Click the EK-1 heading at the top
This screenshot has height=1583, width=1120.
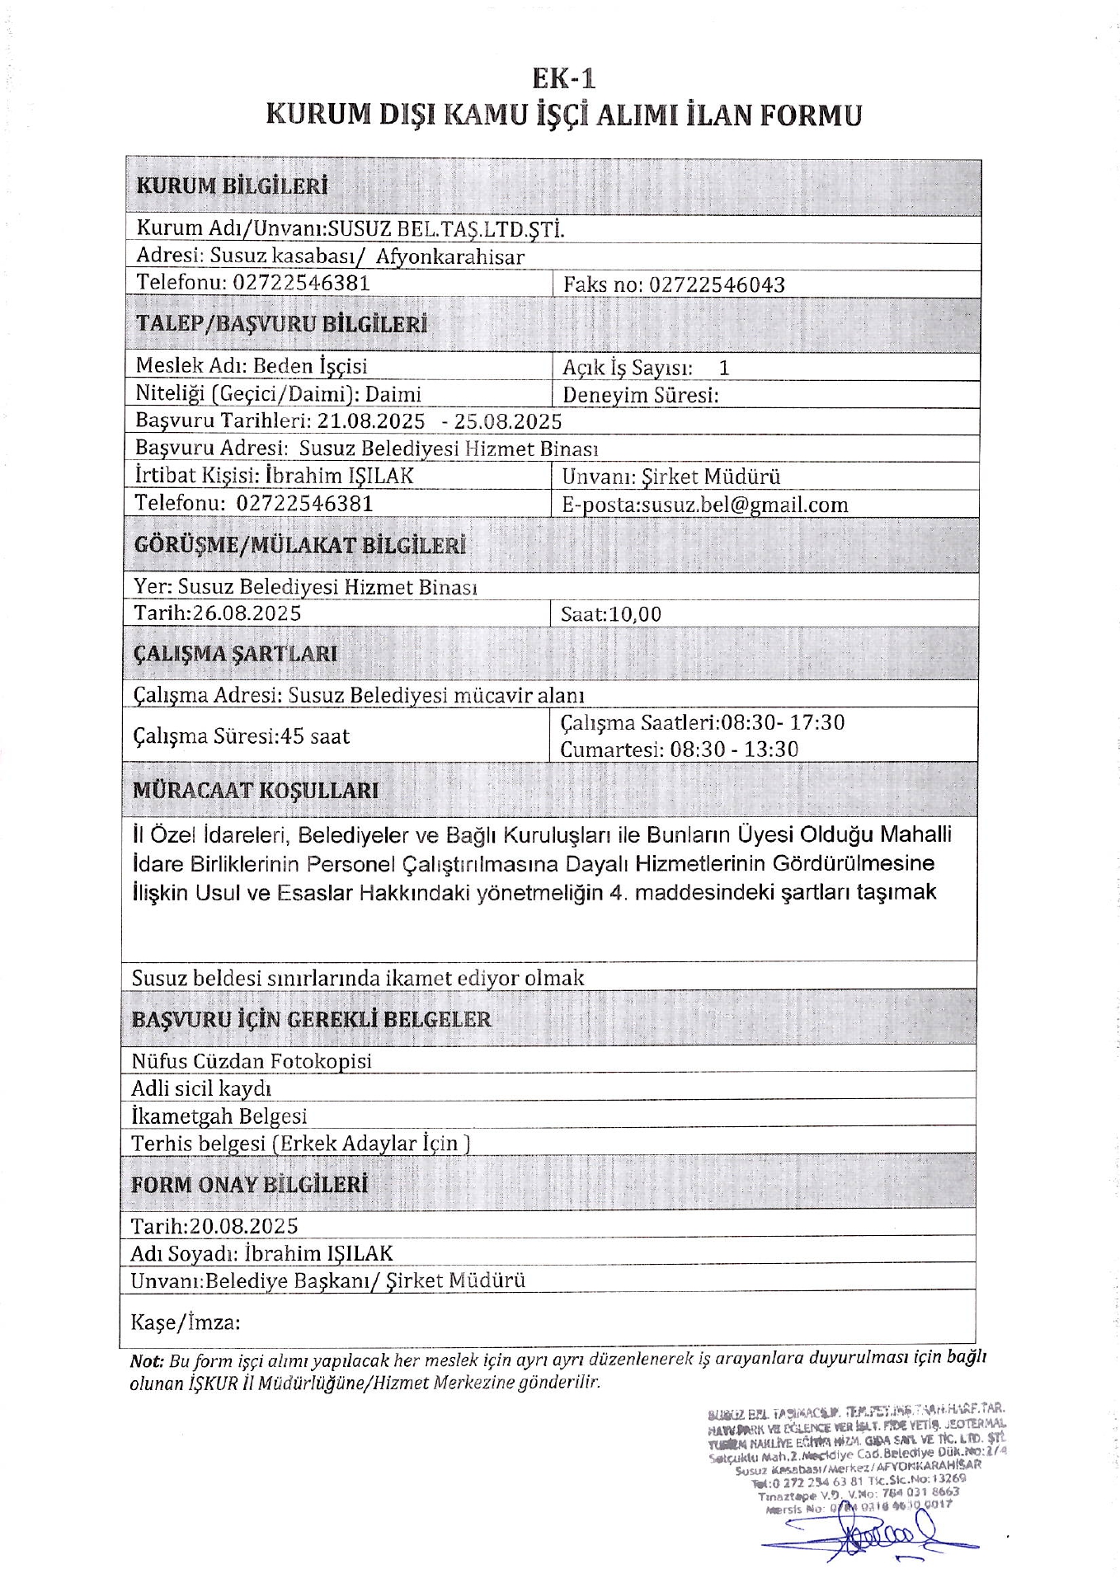pyautogui.click(x=563, y=78)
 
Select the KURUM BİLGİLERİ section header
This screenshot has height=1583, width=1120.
pyautogui.click(x=232, y=186)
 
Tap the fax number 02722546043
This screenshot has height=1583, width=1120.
pyautogui.click(x=717, y=285)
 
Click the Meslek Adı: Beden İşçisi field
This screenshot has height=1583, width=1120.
pyautogui.click(x=252, y=366)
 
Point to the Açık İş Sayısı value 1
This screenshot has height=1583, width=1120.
pyautogui.click(x=724, y=369)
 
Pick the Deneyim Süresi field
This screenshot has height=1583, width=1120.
pyautogui.click(x=641, y=395)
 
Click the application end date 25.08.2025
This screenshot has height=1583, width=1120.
pyautogui.click(x=508, y=422)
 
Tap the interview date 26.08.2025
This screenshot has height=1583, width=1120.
pyautogui.click(x=246, y=613)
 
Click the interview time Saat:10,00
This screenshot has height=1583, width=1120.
pyautogui.click(x=610, y=614)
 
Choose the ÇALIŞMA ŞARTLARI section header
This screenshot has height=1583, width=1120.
pyautogui.click(x=235, y=655)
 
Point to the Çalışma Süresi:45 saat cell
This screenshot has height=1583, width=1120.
pyautogui.click(x=241, y=735)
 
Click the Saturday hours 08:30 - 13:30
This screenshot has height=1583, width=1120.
pyautogui.click(x=734, y=749)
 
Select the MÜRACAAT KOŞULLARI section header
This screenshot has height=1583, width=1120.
pyautogui.click(x=256, y=791)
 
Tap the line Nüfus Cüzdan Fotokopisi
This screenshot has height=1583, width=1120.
pyautogui.click(x=252, y=1061)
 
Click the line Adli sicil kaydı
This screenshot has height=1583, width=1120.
pyautogui.click(x=201, y=1089)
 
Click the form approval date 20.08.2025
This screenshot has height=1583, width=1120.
pyautogui.click(x=243, y=1226)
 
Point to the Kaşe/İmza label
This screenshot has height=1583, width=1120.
pyautogui.click(x=186, y=1323)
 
